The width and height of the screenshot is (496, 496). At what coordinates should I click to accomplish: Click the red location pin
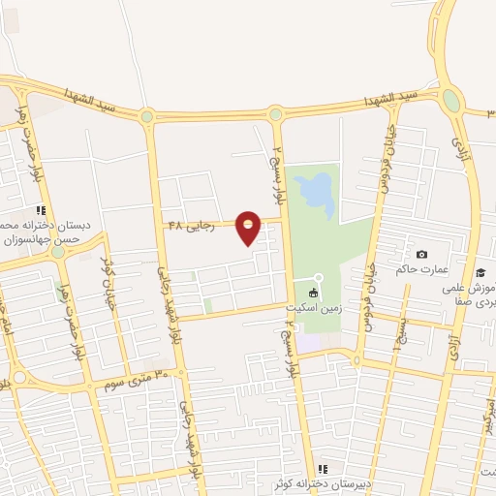248,228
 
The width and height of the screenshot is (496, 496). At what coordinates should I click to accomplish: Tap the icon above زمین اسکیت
313,293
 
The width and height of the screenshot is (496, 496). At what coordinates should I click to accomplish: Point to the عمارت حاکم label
418,268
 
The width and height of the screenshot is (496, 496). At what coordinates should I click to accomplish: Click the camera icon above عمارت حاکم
420,254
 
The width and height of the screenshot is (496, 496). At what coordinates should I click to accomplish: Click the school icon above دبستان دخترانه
40,209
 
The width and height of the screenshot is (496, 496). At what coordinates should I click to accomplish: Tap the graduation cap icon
480,273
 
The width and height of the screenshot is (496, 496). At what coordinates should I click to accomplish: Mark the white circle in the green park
318,278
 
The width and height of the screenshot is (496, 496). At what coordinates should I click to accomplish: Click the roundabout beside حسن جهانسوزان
58,251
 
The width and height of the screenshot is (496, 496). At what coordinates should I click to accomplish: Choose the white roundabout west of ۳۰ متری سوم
18,377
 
